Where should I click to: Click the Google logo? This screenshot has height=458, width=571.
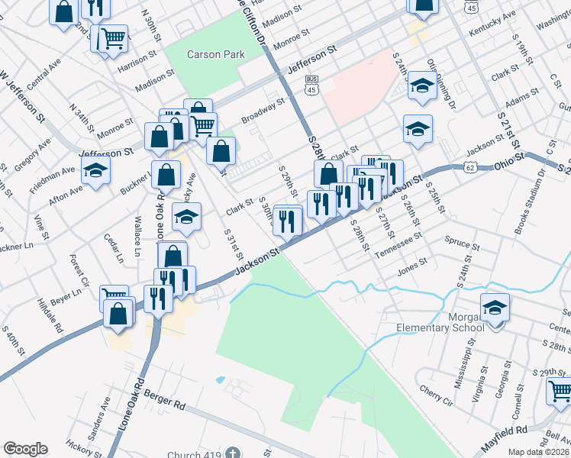tap(25, 449)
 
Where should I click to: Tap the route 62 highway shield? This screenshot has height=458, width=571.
tap(470, 166)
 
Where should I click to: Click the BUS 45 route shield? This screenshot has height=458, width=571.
tap(311, 84)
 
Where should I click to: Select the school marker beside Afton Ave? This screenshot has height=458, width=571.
tap(96, 173)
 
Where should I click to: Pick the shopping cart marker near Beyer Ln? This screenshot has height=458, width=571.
tap(114, 296)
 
